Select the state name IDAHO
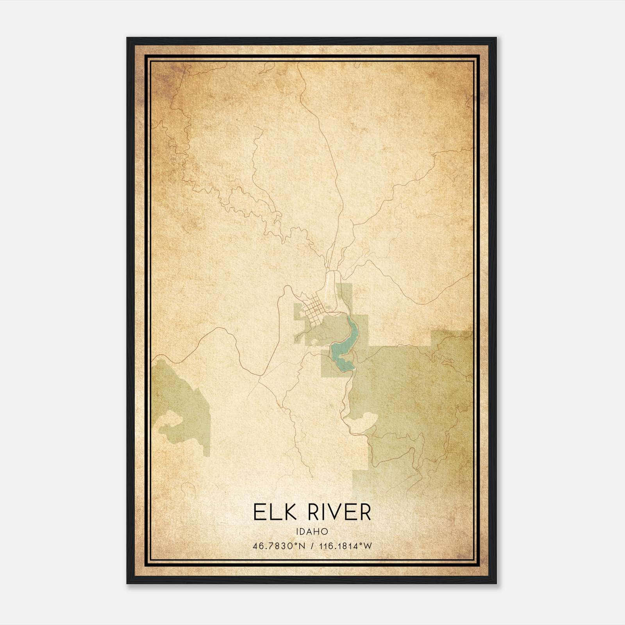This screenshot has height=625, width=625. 312,532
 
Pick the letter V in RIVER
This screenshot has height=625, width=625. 334,512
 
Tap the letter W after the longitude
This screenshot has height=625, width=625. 368,546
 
